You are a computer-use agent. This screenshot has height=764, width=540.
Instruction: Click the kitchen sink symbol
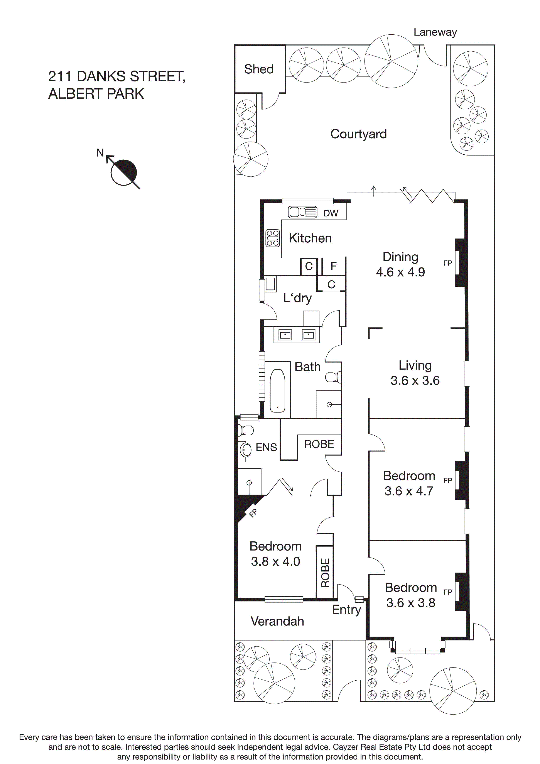coord(302,212)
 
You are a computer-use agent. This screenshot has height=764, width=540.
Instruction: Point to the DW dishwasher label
coord(331,213)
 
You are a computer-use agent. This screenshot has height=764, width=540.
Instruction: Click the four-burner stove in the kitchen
coord(272,238)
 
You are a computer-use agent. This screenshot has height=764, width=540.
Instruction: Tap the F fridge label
coord(333,266)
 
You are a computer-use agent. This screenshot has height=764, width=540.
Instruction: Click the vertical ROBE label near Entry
coord(325,572)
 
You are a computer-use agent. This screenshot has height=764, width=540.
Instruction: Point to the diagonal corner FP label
coord(253,513)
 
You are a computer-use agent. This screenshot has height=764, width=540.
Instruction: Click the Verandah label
coord(277,621)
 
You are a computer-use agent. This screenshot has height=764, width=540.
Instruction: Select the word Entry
coord(346,609)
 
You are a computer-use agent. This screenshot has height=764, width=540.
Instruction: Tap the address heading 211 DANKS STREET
coord(116,76)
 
